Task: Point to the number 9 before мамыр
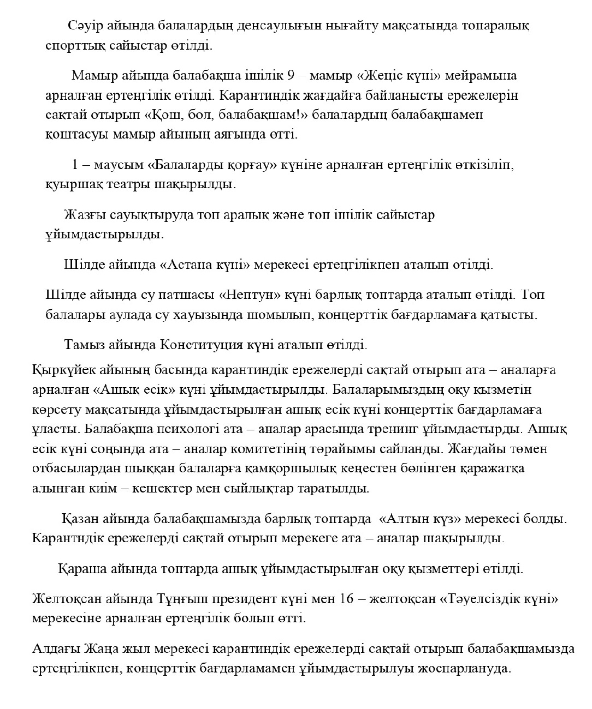pyautogui.click(x=290, y=75)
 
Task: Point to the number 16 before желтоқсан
pyautogui.click(x=347, y=599)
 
